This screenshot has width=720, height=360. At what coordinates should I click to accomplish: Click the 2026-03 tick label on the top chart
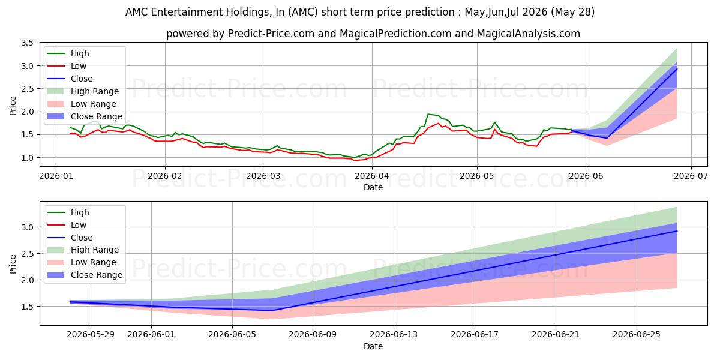click(263, 176)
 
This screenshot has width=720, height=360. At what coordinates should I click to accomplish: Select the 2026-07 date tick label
click(691, 176)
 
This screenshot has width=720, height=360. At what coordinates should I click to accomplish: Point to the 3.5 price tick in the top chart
click(28, 43)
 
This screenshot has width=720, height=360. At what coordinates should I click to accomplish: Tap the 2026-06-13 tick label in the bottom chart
click(394, 334)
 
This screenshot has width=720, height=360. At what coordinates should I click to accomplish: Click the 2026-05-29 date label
click(91, 334)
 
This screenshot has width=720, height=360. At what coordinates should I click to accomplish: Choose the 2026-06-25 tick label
click(637, 334)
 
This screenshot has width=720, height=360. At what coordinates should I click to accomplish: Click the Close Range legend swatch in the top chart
click(56, 116)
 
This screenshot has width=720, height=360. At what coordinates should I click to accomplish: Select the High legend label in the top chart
click(80, 53)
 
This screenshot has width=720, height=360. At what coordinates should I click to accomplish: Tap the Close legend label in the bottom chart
click(82, 238)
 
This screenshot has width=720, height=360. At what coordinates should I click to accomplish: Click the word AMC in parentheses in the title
click(303, 12)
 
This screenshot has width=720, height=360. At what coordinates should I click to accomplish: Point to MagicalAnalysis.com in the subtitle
click(528, 34)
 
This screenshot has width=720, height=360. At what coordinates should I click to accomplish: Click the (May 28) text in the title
click(572, 12)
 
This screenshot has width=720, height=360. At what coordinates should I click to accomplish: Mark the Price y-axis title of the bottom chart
click(13, 264)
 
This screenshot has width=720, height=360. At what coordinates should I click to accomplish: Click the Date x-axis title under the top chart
click(373, 187)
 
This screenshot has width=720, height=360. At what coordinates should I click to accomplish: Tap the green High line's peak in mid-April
click(428, 114)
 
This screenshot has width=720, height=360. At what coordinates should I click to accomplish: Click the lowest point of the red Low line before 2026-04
click(355, 160)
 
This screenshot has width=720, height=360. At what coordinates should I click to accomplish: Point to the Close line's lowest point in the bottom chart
click(272, 311)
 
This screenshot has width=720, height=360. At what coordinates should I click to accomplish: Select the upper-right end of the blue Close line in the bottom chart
click(677, 231)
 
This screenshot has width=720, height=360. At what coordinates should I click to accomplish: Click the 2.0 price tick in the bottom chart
click(28, 280)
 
